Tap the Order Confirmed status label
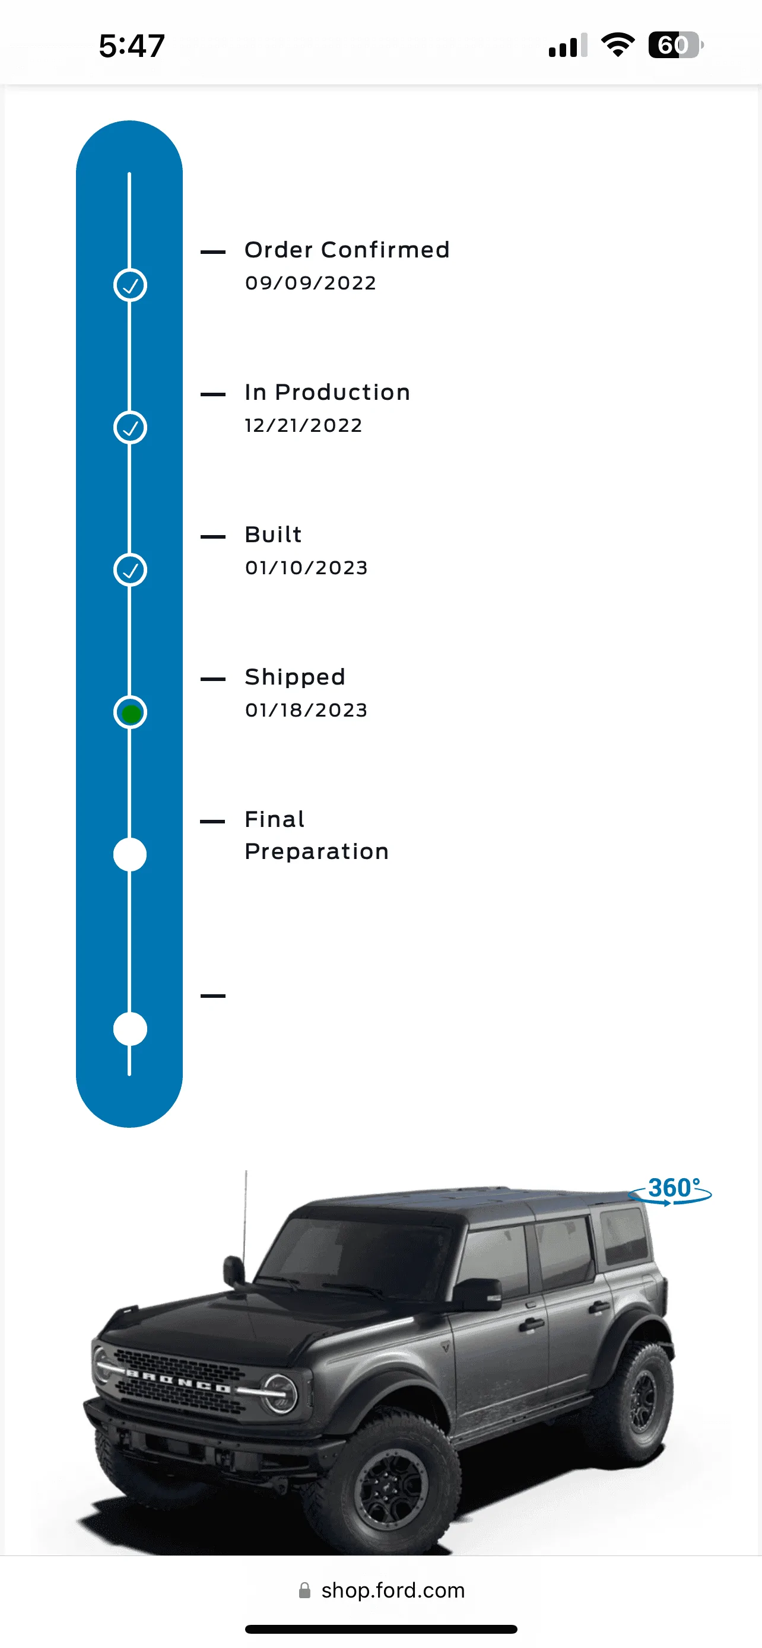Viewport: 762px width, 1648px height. (x=347, y=250)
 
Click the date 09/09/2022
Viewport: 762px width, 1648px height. (x=311, y=283)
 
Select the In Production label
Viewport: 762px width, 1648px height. (x=328, y=392)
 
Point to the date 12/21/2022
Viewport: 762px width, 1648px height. (x=304, y=425)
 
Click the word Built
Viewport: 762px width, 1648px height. (x=273, y=534)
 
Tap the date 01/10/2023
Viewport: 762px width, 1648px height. (x=306, y=568)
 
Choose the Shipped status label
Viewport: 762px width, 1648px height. (x=295, y=677)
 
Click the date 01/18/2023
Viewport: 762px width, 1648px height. (x=306, y=710)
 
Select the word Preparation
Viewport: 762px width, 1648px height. (x=317, y=852)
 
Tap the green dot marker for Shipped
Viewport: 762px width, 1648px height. (x=131, y=712)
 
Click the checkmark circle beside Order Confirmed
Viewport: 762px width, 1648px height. (x=131, y=285)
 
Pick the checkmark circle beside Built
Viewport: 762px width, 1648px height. (x=131, y=570)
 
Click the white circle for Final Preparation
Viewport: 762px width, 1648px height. (x=130, y=855)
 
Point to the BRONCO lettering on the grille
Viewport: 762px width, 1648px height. (x=178, y=1382)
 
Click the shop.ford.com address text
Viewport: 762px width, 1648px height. (x=393, y=1590)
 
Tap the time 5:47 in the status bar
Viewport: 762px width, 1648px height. (x=132, y=46)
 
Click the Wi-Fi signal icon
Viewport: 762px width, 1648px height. (x=618, y=44)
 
